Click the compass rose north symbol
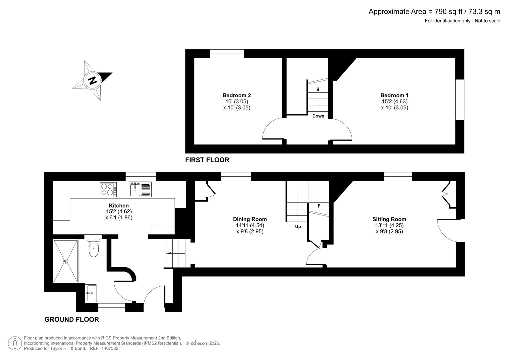pos(92,80)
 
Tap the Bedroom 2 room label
pos(236,95)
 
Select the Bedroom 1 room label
pos(394,95)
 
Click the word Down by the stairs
pos(318,116)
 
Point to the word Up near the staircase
pos(298,227)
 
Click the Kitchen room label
pos(119,205)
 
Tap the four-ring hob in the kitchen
pos(108,189)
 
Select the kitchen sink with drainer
pos(140,189)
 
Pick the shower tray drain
pos(66,261)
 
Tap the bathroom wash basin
pos(91,293)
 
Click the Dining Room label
pos(250,219)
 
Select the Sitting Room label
pos(389,219)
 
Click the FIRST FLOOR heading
pos(207,160)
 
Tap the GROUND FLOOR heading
pos(72,319)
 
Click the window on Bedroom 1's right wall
pos(460,99)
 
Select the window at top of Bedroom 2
pos(227,54)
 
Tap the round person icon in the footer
pos(15,343)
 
